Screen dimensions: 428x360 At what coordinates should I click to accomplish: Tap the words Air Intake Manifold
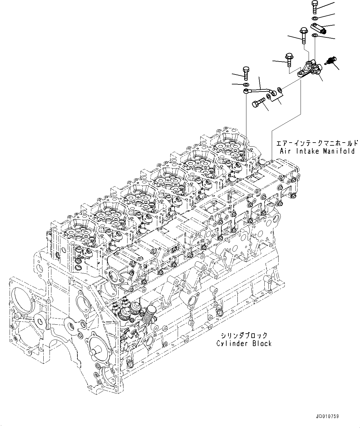pyautogui.click(x=317, y=151)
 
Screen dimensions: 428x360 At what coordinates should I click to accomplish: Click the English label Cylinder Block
pyautogui.click(x=244, y=343)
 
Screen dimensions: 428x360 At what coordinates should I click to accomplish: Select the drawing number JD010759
pyautogui.click(x=327, y=417)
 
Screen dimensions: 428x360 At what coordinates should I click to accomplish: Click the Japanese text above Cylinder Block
pyautogui.click(x=244, y=335)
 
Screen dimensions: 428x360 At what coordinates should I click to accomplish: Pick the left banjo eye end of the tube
pyautogui.click(x=246, y=91)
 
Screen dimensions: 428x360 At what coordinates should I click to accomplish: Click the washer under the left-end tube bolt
pyautogui.click(x=246, y=84)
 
